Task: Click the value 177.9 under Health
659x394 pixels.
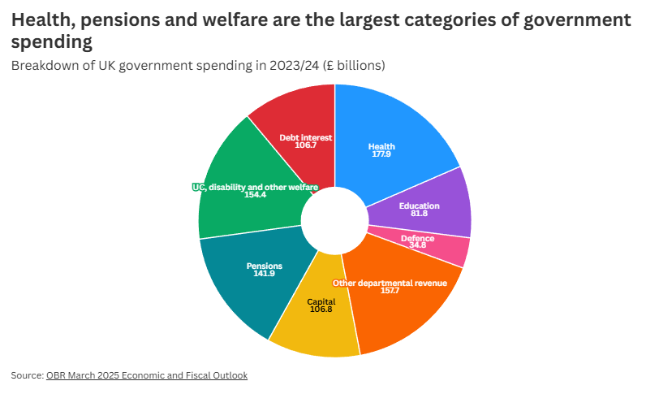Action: click(381, 154)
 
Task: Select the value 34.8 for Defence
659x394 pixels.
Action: click(417, 245)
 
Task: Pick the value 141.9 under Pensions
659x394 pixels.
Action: click(265, 274)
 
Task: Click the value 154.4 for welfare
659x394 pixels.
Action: click(255, 195)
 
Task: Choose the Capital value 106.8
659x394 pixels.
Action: click(321, 310)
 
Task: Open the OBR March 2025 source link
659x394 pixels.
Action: click(147, 375)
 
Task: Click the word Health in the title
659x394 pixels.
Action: click(39, 19)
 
